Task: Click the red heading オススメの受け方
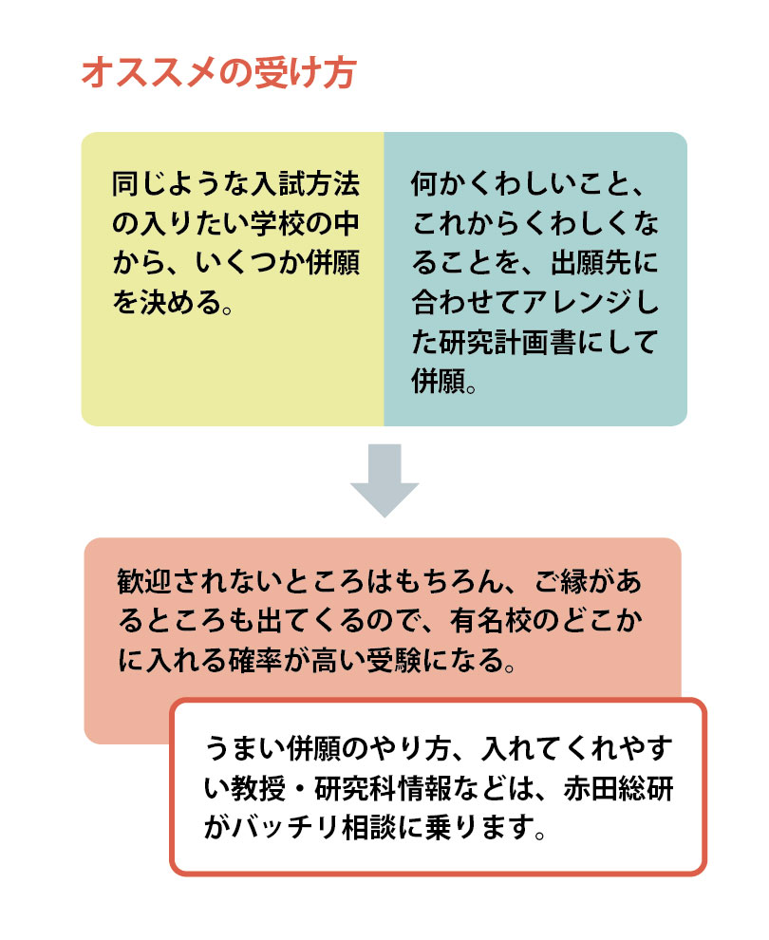click(x=218, y=73)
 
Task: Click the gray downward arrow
click(x=384, y=480)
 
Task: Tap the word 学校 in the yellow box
click(x=277, y=224)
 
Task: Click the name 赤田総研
click(x=619, y=788)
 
